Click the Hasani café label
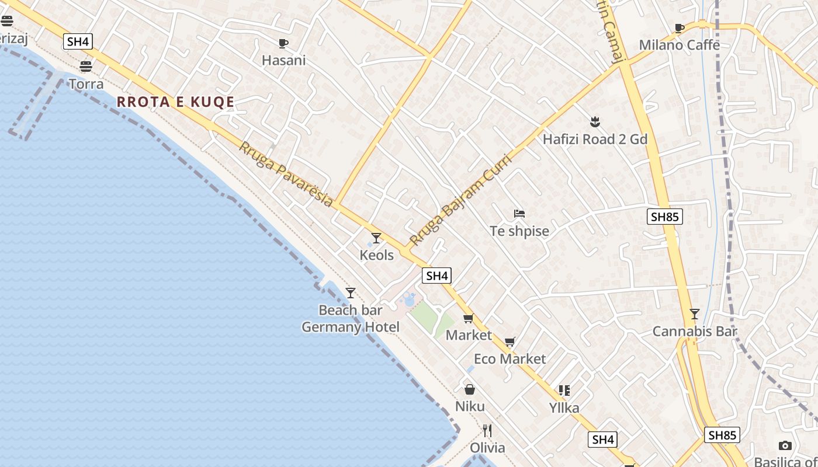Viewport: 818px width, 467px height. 283,60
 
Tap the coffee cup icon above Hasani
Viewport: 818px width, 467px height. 283,43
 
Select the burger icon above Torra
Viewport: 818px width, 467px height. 86,66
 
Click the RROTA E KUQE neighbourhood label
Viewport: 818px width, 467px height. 175,102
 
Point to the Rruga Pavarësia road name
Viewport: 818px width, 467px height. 286,174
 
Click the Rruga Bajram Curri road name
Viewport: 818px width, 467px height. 460,200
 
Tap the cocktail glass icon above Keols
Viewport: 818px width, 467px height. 376,238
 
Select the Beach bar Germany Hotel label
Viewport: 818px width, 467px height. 351,319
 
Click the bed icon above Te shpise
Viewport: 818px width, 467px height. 519,214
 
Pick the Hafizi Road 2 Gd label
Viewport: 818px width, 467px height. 595,139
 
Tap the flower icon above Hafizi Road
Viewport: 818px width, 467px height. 595,122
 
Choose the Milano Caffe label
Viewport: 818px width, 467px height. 679,45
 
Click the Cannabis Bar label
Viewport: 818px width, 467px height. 694,332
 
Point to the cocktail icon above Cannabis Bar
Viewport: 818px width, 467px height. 694,314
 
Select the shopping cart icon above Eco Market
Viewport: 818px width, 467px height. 510,341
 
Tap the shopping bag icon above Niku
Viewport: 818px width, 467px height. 470,389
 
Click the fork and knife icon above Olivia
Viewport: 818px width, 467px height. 487,431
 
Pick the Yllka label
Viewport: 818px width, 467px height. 564,407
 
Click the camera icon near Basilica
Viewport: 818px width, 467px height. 785,446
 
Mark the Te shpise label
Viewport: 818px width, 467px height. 519,231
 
